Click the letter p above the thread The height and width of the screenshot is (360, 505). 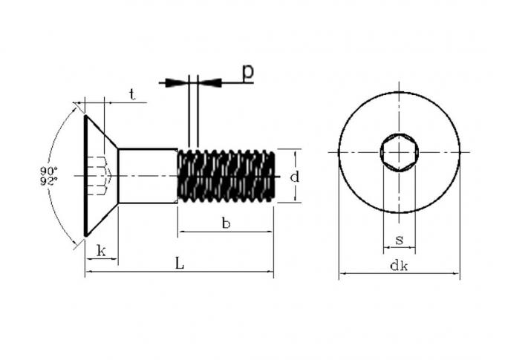click(x=247, y=73)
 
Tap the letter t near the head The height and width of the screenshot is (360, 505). click(x=132, y=94)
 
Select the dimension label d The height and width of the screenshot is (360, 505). click(x=294, y=177)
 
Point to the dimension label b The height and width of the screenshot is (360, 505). click(x=226, y=223)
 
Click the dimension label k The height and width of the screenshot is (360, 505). click(x=101, y=251)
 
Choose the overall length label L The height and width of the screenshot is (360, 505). click(x=180, y=263)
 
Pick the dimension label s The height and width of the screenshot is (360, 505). click(x=400, y=240)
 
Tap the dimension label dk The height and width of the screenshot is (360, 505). click(x=399, y=266)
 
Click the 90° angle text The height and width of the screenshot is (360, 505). click(x=49, y=170)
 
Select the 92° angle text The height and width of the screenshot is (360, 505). click(x=49, y=182)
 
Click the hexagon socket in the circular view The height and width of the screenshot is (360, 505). click(x=400, y=152)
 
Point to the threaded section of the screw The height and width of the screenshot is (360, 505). click(x=227, y=176)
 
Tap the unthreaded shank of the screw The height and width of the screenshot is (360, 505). click(x=148, y=176)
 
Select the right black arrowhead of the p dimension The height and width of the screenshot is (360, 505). click(x=210, y=82)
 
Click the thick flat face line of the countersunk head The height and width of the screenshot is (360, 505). click(x=85, y=176)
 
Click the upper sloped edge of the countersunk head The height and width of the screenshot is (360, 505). click(x=102, y=132)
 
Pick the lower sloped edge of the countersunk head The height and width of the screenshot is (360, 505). click(x=102, y=220)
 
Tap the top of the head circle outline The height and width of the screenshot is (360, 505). click(x=400, y=93)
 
